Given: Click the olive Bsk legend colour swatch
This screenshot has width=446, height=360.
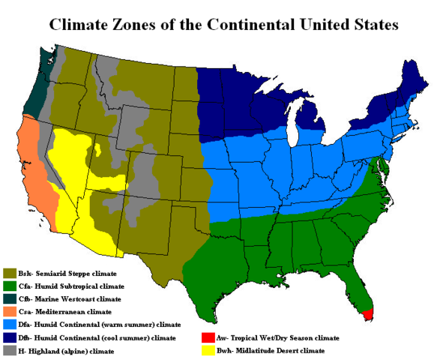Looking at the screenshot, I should pos(10,273).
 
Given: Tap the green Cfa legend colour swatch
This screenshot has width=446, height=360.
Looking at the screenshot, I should pos(10,286).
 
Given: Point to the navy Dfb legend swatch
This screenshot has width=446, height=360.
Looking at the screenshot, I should pos(10,338).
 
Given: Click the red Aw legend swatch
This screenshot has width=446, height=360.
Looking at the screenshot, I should pos(205,338).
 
